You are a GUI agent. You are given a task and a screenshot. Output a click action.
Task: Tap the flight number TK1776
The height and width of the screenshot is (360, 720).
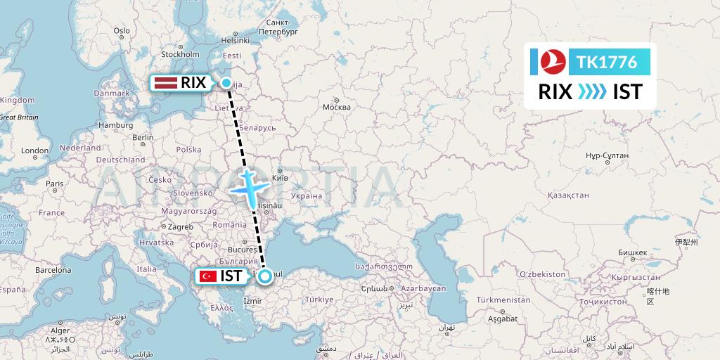coord(607,63)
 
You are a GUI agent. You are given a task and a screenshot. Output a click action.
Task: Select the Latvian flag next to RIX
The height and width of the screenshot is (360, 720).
coord(165,83)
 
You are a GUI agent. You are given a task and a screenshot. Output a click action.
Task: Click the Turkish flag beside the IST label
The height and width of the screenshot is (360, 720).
coord(207,276)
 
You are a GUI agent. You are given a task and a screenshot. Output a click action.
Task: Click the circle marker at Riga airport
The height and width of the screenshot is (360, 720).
coord(226,83)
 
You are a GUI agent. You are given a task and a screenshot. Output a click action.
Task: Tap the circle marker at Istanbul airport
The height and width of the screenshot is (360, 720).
coord(264,276)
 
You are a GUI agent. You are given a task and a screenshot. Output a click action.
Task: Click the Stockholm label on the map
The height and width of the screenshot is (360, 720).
coord(181,53)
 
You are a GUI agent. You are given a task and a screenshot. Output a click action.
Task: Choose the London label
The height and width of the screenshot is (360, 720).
coord(34,150)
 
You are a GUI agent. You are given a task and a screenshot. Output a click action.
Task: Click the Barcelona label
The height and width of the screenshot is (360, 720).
coord(53,269)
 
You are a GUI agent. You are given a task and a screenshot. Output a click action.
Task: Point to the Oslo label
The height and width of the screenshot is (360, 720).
coord(122,30)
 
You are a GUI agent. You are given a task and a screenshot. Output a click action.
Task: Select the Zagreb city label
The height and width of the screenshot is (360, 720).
coord(179,226)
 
